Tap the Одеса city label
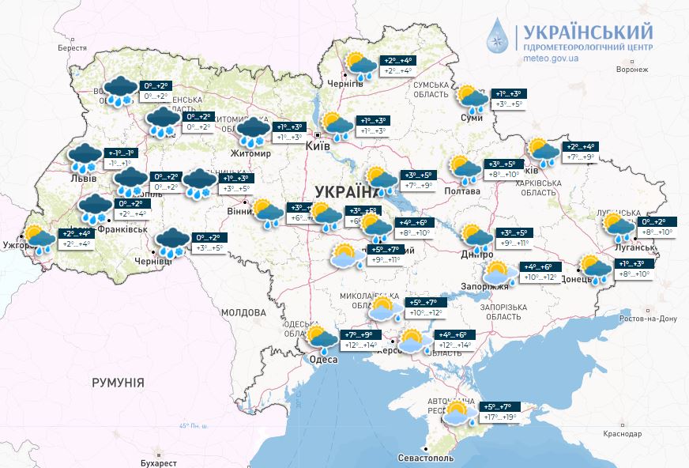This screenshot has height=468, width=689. tap(322, 360)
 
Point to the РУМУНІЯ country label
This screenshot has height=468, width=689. tap(118, 383)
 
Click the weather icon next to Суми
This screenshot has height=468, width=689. tap(472, 98)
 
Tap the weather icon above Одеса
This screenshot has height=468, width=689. tap(322, 339)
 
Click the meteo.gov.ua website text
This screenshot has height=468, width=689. tap(551, 58)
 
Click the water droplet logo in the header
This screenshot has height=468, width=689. tap(499, 37)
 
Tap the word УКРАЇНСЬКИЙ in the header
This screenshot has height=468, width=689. tap(585, 31)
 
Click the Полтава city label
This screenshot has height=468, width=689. tap(462, 191)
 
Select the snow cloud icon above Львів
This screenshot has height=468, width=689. tap(85, 157)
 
